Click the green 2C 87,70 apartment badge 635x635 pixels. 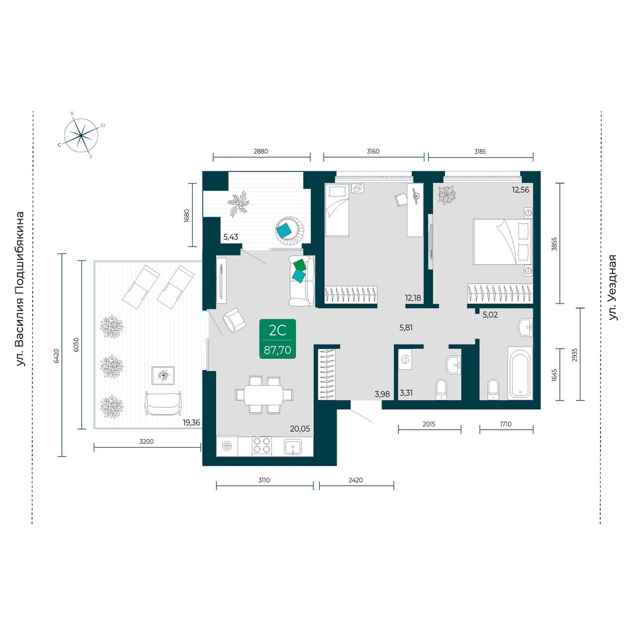(277, 339)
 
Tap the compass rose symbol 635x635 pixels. (81, 135)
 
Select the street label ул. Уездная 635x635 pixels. (613, 287)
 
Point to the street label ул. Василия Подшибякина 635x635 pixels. (21, 289)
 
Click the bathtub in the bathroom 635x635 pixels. (520, 372)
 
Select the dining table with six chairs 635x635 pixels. (264, 394)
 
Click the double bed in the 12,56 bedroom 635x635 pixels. (503, 241)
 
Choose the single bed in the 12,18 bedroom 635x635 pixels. (337, 210)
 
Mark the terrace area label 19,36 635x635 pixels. (192, 422)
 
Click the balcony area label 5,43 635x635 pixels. (231, 237)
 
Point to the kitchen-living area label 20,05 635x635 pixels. (300, 429)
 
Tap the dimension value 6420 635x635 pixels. (56, 356)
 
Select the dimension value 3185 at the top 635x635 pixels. (480, 151)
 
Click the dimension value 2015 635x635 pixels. (429, 424)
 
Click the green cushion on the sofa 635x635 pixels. (300, 265)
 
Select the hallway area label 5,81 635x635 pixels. (406, 328)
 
